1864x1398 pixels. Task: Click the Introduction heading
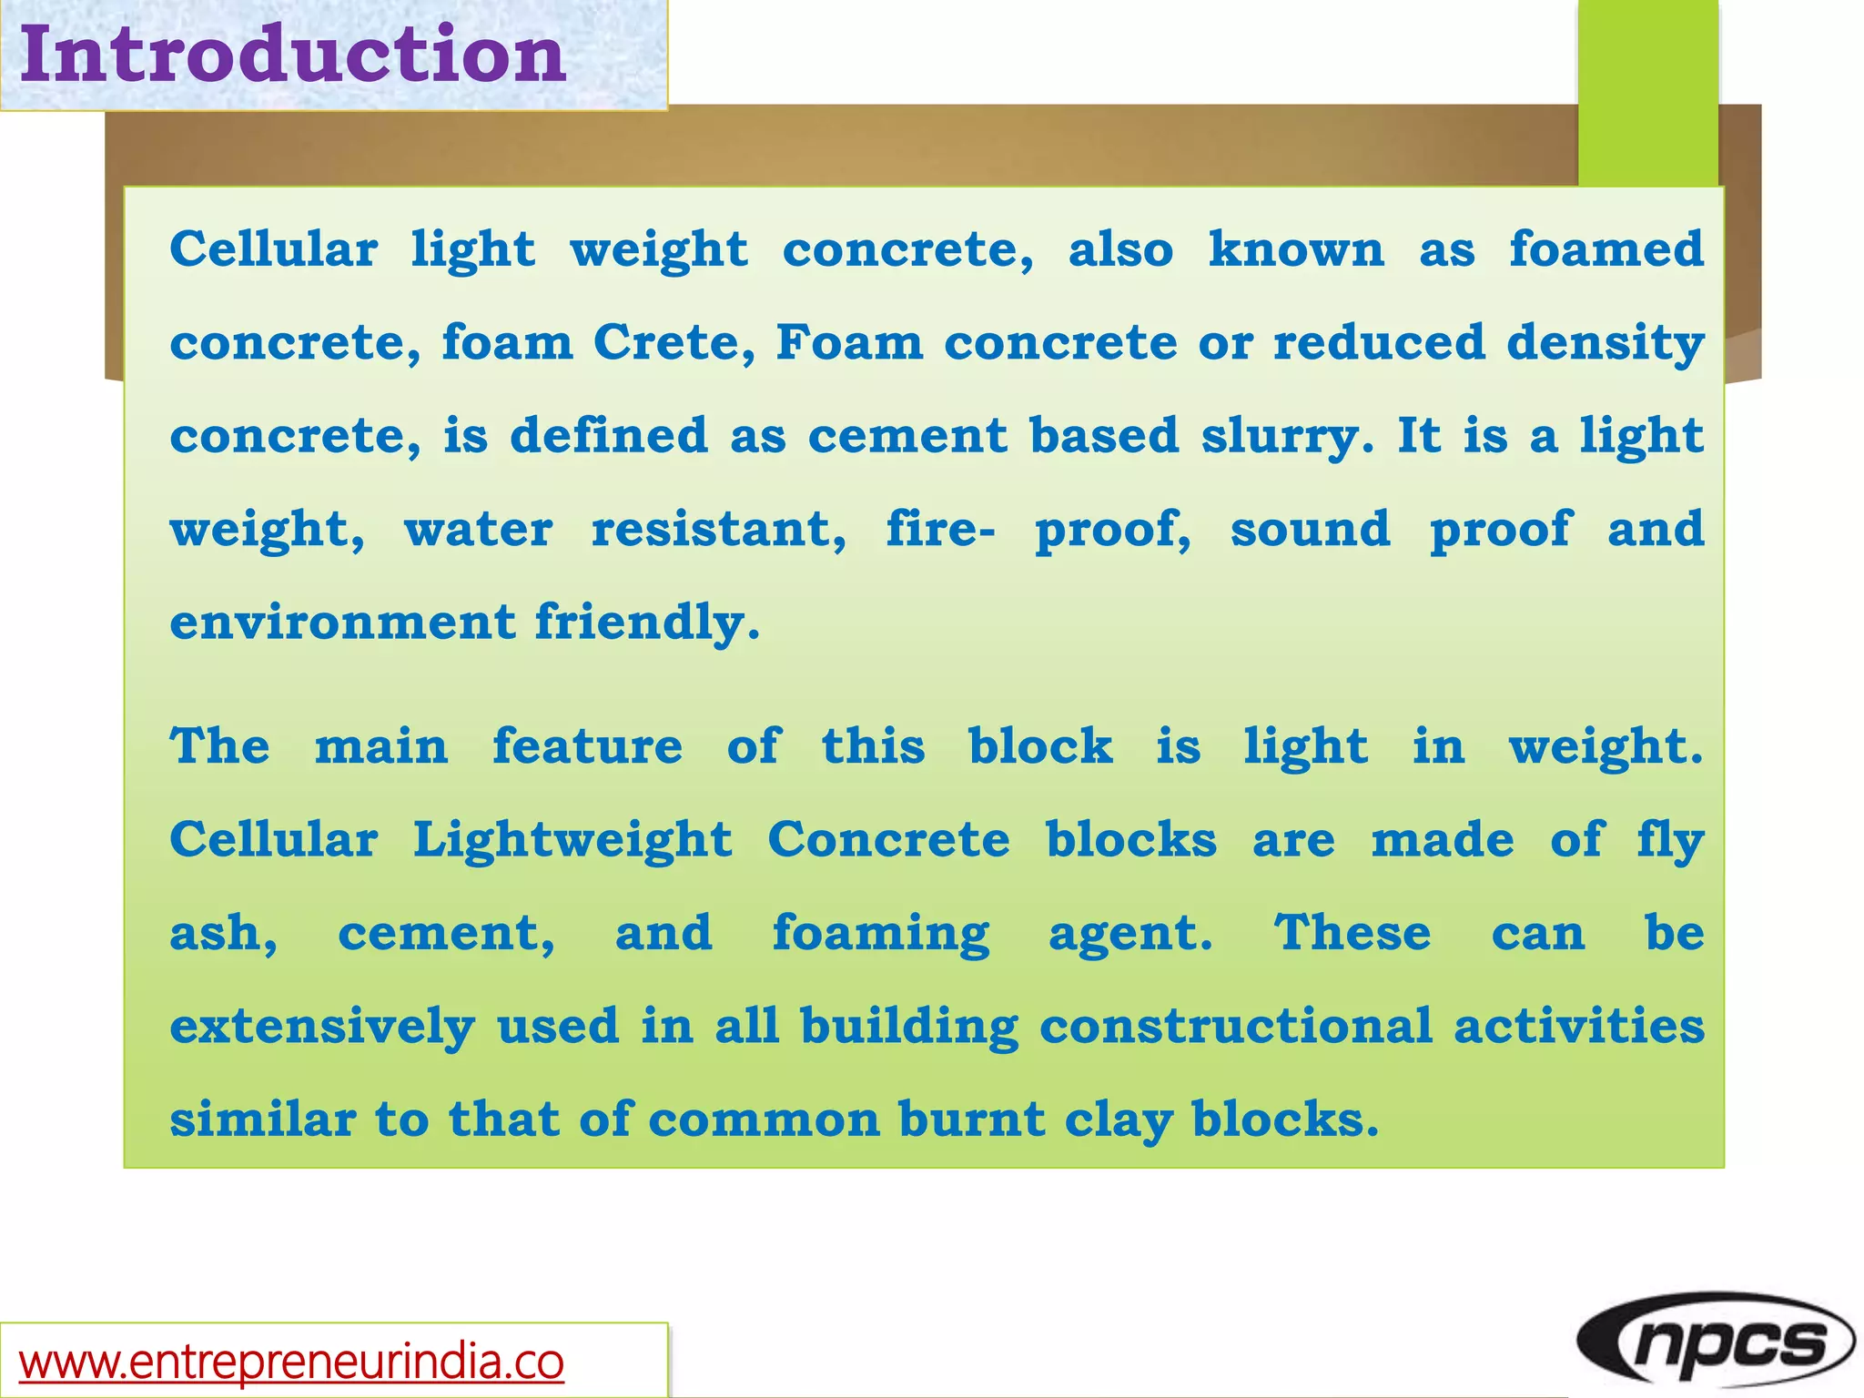click(x=293, y=55)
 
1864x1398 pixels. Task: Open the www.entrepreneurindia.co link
click(x=291, y=1362)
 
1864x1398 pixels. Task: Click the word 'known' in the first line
click(x=1296, y=249)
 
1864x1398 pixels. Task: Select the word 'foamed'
click(x=1606, y=249)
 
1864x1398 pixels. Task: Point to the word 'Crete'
click(x=674, y=343)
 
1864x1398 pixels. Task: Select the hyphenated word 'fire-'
click(x=940, y=530)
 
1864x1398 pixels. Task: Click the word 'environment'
click(x=342, y=623)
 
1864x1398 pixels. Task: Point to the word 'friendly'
click(x=646, y=624)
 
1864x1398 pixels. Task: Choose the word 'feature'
click(x=587, y=746)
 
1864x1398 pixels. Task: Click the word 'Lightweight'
click(x=572, y=840)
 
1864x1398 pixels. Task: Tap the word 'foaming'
click(x=880, y=935)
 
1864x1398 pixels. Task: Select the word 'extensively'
click(x=322, y=1028)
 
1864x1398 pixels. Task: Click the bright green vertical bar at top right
click(x=1647, y=91)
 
